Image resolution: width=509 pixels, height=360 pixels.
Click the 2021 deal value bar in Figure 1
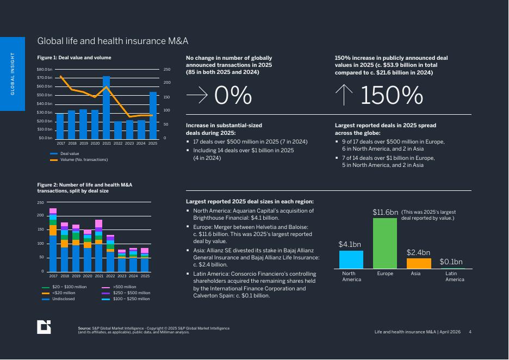pos(106,108)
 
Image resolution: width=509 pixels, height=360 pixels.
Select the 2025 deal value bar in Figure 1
pos(153,116)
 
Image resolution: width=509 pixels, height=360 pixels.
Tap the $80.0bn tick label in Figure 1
pos(45,70)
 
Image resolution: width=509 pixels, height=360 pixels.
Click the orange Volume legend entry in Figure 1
pos(79,160)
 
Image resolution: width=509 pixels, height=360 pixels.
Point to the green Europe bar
pos(385,244)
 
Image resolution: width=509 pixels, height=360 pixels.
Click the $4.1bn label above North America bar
pos(350,244)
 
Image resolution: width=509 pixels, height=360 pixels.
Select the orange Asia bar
pos(419,264)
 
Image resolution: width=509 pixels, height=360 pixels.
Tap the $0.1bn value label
pos(451,262)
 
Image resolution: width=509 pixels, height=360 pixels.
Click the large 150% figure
pos(392,95)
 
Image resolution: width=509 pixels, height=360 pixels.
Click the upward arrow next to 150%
pos(344,95)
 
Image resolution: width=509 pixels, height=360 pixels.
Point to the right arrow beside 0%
pos(197,95)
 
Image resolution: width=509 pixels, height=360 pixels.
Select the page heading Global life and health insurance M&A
pos(113,41)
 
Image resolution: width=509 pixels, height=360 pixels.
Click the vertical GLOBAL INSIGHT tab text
pos(13,74)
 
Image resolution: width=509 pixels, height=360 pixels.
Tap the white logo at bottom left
pos(44,327)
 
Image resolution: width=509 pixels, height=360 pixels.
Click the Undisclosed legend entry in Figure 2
pos(58,299)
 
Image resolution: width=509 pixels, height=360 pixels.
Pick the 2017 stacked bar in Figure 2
pos(53,240)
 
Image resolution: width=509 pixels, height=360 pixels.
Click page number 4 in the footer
pos(470,332)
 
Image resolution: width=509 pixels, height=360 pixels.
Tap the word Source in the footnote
pos(84,328)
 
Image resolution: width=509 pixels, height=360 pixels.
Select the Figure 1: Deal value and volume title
pos(74,58)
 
